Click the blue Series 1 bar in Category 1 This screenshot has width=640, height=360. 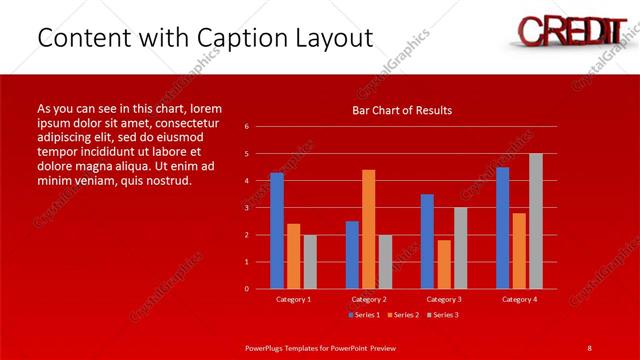pos(277,230)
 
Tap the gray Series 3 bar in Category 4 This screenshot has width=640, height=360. pos(536,221)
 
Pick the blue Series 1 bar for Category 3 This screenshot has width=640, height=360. pos(427,241)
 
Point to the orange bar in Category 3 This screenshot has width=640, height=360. pos(444,264)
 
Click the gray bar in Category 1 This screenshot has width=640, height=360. pos(310,261)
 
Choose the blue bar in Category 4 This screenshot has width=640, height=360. pos(502,227)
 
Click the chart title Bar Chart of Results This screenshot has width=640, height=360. pos(402,110)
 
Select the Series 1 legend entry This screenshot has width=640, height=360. pos(365,315)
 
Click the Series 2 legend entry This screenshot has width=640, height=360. pos(403,315)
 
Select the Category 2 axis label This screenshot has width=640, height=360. pos(369,299)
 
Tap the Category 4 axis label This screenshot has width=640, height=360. pos(519,299)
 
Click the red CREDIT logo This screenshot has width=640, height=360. pos(566,29)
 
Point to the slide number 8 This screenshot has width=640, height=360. pos(589,347)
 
